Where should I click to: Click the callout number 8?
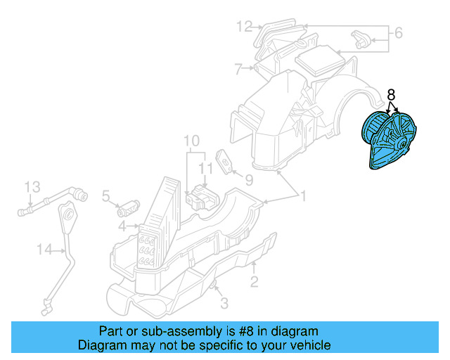(392, 94)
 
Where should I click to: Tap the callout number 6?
(398, 32)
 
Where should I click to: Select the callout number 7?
(238, 69)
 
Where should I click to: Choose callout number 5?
(106, 196)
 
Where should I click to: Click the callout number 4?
(122, 226)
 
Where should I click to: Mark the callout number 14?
(45, 248)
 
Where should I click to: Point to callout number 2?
(254, 282)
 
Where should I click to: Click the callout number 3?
(224, 304)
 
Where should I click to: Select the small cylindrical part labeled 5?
(129, 206)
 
